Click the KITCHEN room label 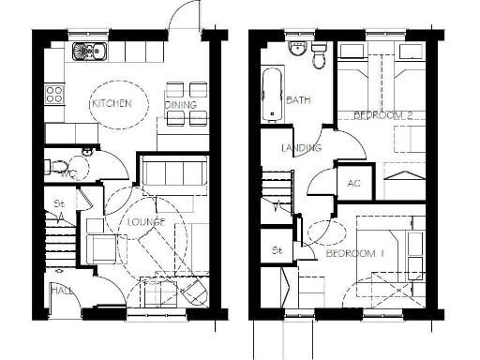pyautogui.click(x=111, y=104)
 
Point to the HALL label pyautogui.click(x=63, y=292)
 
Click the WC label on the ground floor pyautogui.click(x=67, y=172)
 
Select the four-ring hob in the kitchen pyautogui.click(x=54, y=94)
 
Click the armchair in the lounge pyautogui.click(x=99, y=246)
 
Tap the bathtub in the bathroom pyautogui.click(x=270, y=95)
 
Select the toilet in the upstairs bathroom pyautogui.click(x=319, y=59)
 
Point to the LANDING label pyautogui.click(x=302, y=148)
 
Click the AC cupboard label pyautogui.click(x=353, y=184)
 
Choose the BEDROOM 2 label pyautogui.click(x=385, y=114)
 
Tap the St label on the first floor pyautogui.click(x=277, y=250)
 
